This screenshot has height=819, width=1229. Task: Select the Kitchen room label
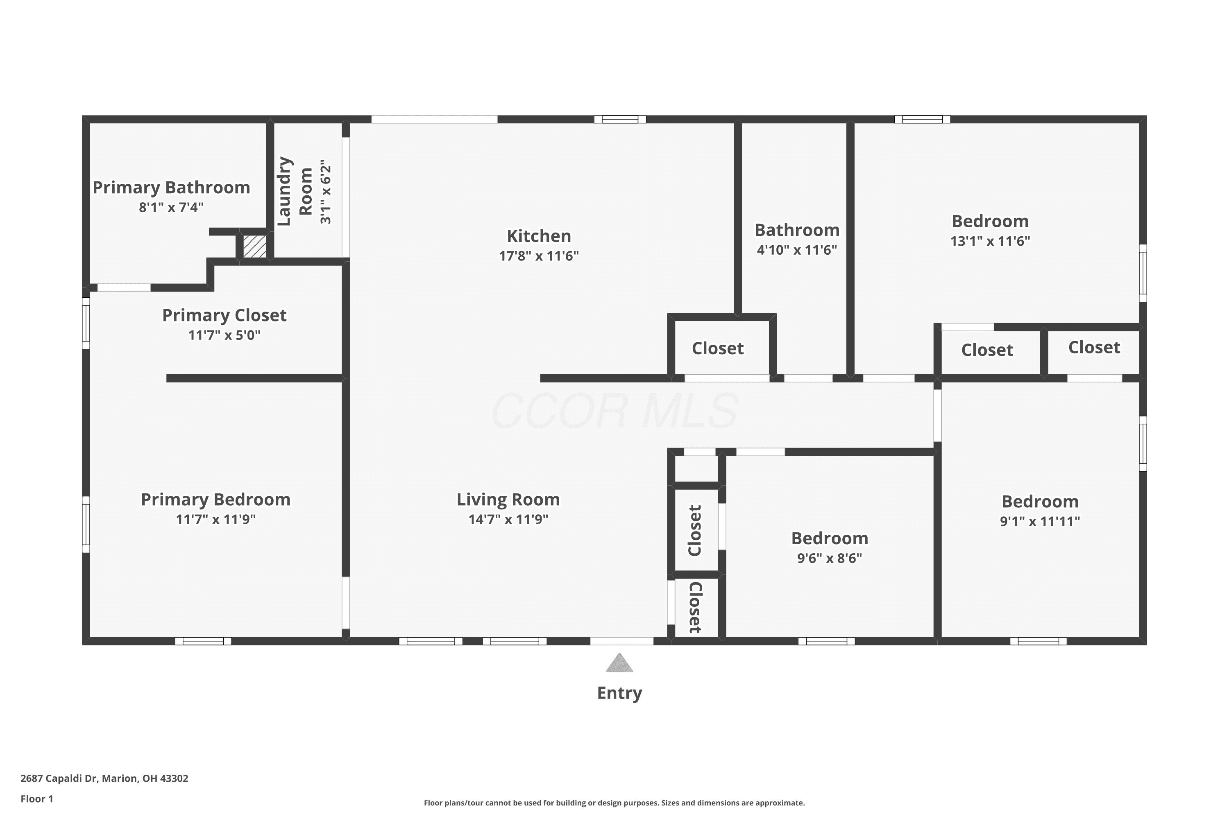coord(539,236)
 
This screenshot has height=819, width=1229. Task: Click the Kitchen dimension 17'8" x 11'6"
coord(539,256)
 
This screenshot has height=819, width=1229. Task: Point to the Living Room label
coord(508,500)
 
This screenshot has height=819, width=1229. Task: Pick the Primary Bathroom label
coord(171,188)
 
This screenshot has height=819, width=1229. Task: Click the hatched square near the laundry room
coord(255,246)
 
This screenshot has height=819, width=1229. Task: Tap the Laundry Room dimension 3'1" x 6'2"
coord(326,192)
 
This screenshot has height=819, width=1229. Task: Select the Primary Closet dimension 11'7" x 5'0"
coord(224,335)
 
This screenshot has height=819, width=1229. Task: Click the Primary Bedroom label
coord(216,500)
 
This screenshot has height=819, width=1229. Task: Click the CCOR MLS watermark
coord(614,411)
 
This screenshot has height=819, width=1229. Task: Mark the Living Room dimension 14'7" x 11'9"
coord(508,520)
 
